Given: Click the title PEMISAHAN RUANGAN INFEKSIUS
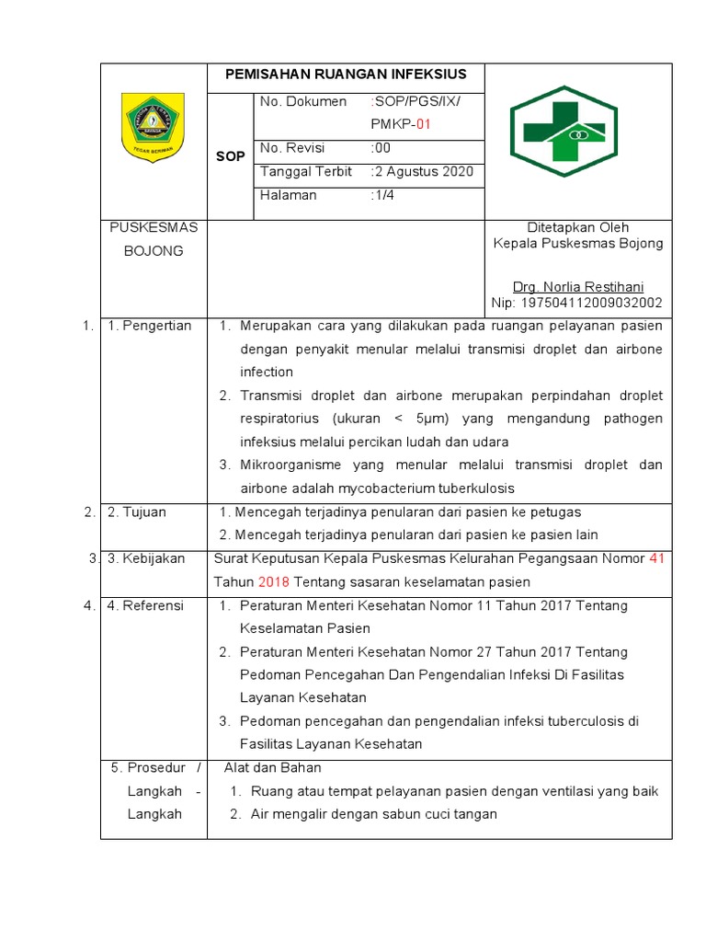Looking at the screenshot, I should (x=346, y=75).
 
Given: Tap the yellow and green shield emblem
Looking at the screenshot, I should (x=154, y=128).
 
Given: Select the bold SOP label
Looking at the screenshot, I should (x=230, y=156).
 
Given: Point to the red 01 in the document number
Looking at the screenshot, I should (x=422, y=124).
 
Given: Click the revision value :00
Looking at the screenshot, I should (x=381, y=148).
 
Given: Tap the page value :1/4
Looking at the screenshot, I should (x=382, y=195).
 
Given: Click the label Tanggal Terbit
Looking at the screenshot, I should (x=306, y=172).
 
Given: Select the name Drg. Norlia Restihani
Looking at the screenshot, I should (x=578, y=286).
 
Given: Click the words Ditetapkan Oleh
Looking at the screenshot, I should (x=578, y=227).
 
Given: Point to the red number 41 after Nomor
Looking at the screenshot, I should (x=655, y=558).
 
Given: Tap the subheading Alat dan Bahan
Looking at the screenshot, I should (x=273, y=767).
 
